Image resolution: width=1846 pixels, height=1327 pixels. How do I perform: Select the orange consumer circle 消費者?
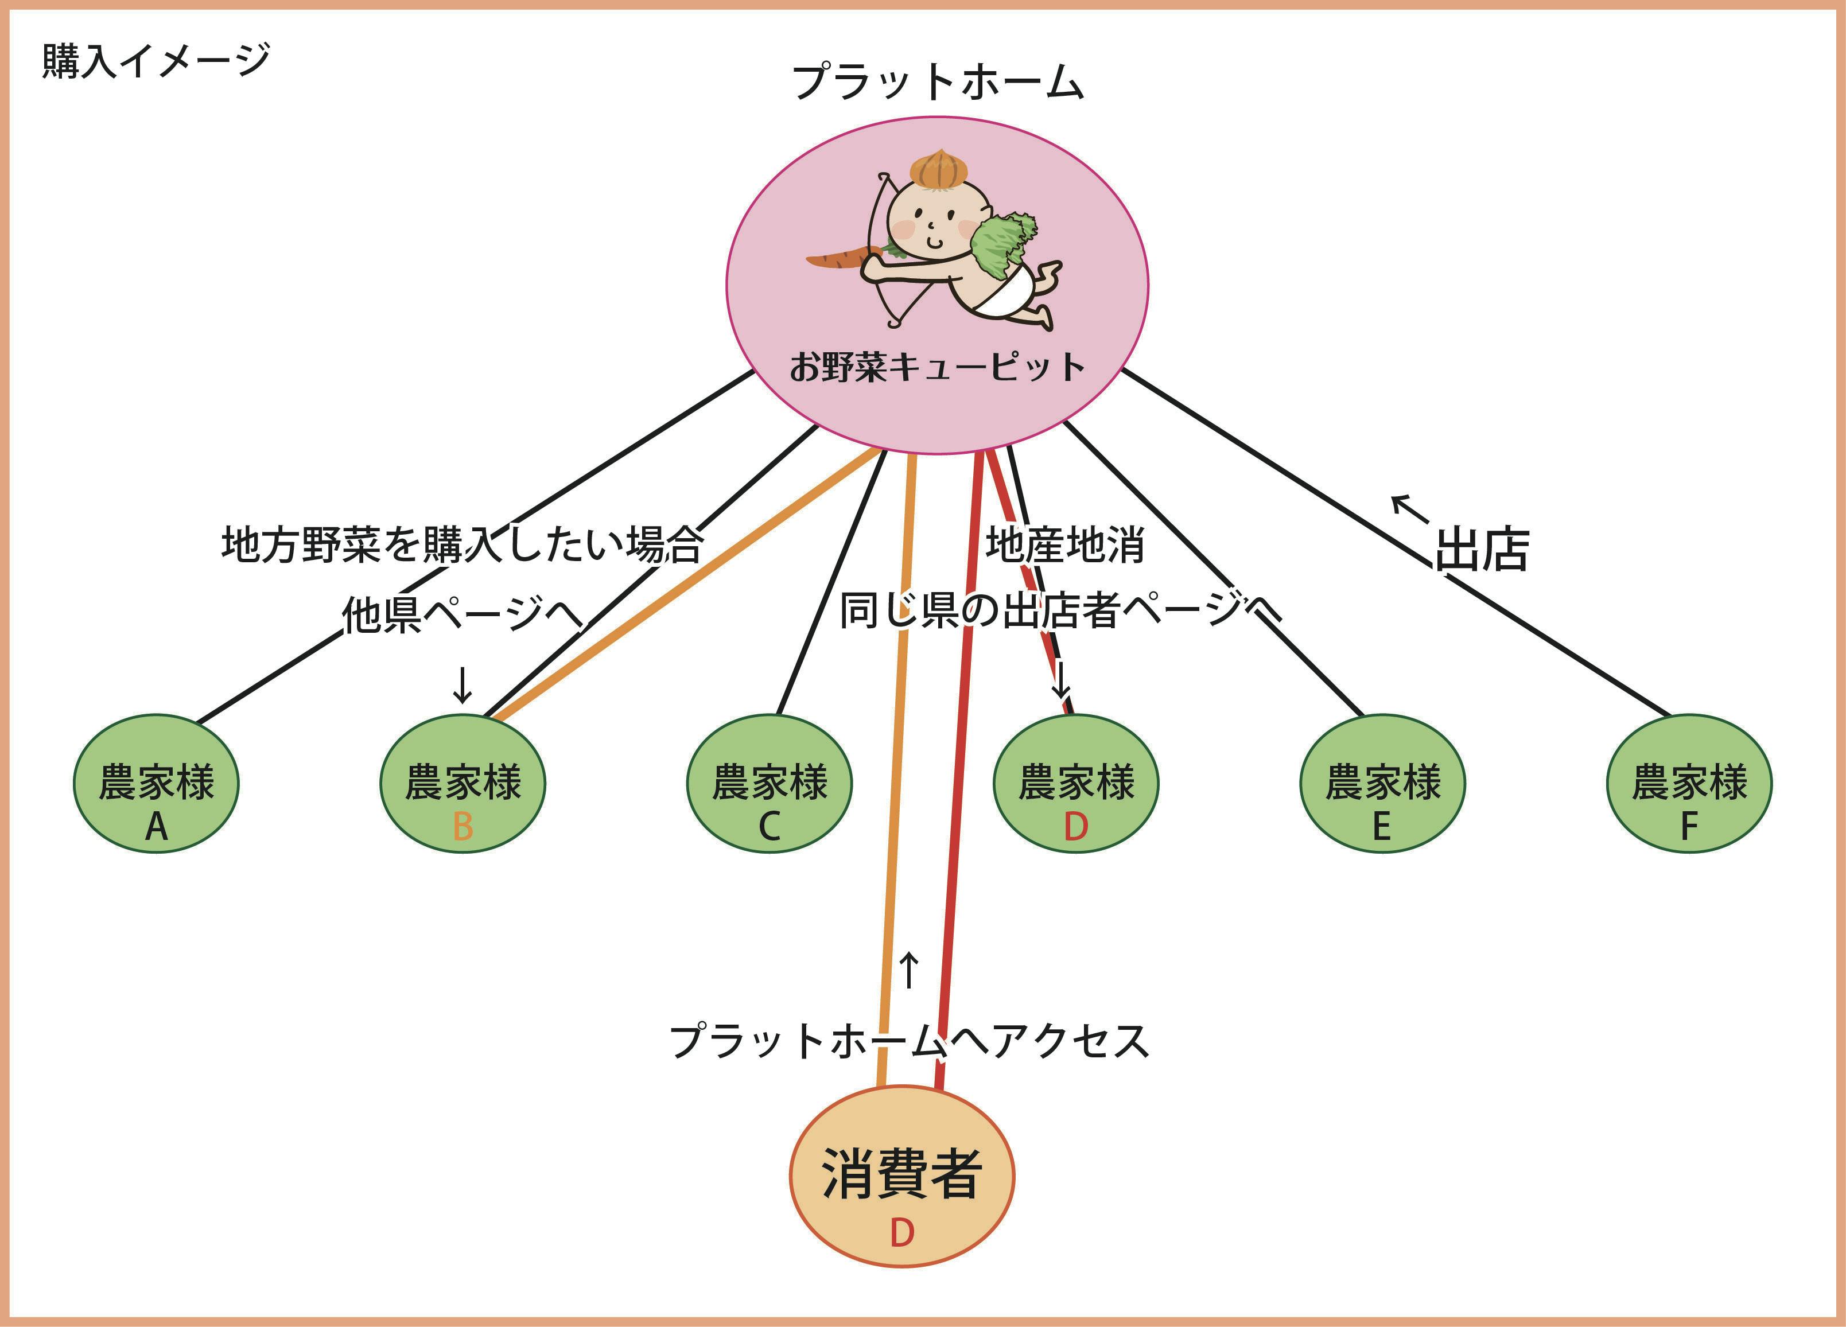click(x=902, y=1176)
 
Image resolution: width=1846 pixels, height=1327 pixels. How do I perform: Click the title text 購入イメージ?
click(x=156, y=61)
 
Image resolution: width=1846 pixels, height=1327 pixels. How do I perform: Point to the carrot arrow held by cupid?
click(x=842, y=259)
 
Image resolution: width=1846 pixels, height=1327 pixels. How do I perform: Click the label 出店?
click(x=1482, y=549)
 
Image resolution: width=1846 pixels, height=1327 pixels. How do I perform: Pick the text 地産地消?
click(x=1064, y=545)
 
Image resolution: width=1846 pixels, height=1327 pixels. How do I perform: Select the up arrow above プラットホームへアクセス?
click(x=909, y=970)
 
